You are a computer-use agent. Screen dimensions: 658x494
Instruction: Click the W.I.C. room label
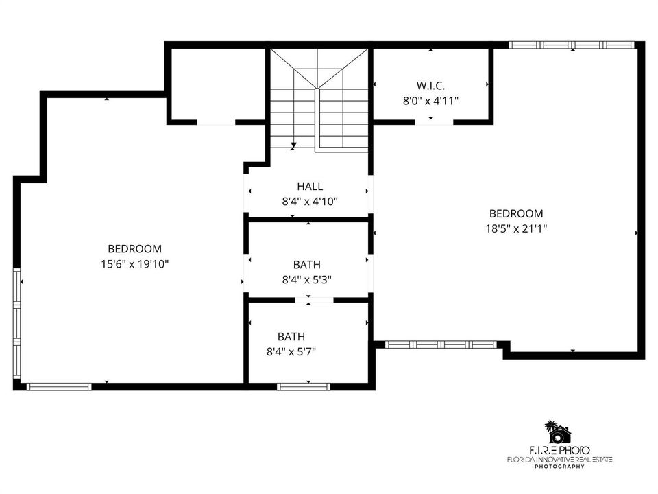[x=430, y=86]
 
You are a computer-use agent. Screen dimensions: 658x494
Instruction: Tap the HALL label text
[x=310, y=186]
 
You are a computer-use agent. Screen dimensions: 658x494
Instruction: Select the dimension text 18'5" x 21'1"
[x=516, y=228]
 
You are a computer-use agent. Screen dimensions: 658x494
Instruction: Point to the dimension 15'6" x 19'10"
[x=135, y=263]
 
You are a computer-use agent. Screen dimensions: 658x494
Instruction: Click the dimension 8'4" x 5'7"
[x=291, y=351]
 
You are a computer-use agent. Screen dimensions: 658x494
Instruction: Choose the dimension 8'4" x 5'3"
[x=307, y=279]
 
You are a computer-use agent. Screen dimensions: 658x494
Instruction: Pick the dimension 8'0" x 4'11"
[x=430, y=101]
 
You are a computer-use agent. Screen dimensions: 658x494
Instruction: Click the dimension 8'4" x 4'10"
[x=310, y=202]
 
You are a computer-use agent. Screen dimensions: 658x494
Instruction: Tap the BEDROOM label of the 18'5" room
[x=516, y=213]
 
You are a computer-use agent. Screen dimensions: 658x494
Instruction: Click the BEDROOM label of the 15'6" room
[x=135, y=248]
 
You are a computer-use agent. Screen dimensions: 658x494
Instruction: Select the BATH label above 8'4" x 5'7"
[x=291, y=336]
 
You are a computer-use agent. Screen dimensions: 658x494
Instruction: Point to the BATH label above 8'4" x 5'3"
[x=307, y=265]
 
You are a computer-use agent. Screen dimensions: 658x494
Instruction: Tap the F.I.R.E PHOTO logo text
[x=559, y=450]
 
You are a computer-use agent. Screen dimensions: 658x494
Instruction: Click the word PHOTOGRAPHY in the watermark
[x=559, y=467]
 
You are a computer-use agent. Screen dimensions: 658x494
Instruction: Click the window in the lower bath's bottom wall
[x=304, y=386]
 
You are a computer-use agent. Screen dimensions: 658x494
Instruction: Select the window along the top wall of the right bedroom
[x=572, y=45]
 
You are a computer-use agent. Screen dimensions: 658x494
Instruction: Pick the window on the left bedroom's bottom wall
[x=59, y=386]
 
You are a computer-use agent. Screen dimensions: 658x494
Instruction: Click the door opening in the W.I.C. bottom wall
[x=435, y=122]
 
